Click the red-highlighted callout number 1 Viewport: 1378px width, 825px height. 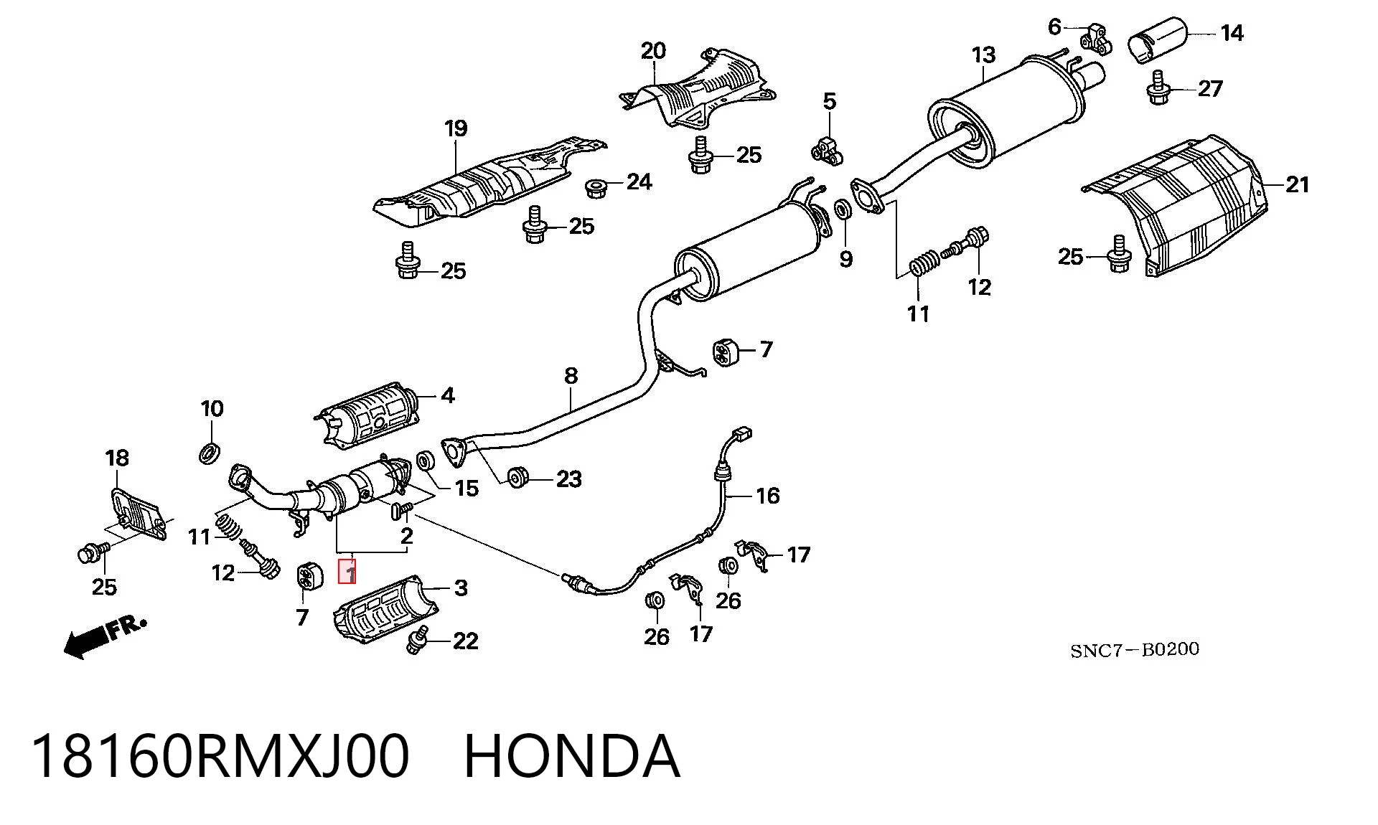coord(347,573)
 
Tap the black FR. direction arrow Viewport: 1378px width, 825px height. coord(105,636)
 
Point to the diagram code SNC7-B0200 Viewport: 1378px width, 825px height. coord(1135,650)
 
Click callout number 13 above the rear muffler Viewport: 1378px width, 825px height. coord(984,55)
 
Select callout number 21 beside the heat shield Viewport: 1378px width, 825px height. coord(1298,185)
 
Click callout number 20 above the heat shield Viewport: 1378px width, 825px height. coord(653,51)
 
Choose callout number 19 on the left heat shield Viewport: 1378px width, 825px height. coord(456,129)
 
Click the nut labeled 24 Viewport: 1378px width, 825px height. coord(596,188)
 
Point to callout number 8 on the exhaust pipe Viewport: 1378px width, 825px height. coord(571,375)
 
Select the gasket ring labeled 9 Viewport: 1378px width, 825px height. coord(844,210)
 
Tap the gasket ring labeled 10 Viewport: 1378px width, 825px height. coord(210,453)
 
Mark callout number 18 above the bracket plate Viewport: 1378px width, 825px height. coord(117,458)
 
